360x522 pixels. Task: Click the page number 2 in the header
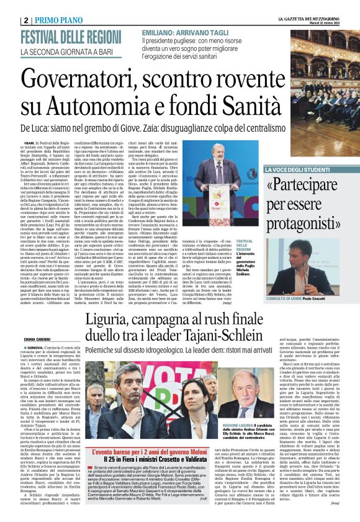point(26,20)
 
